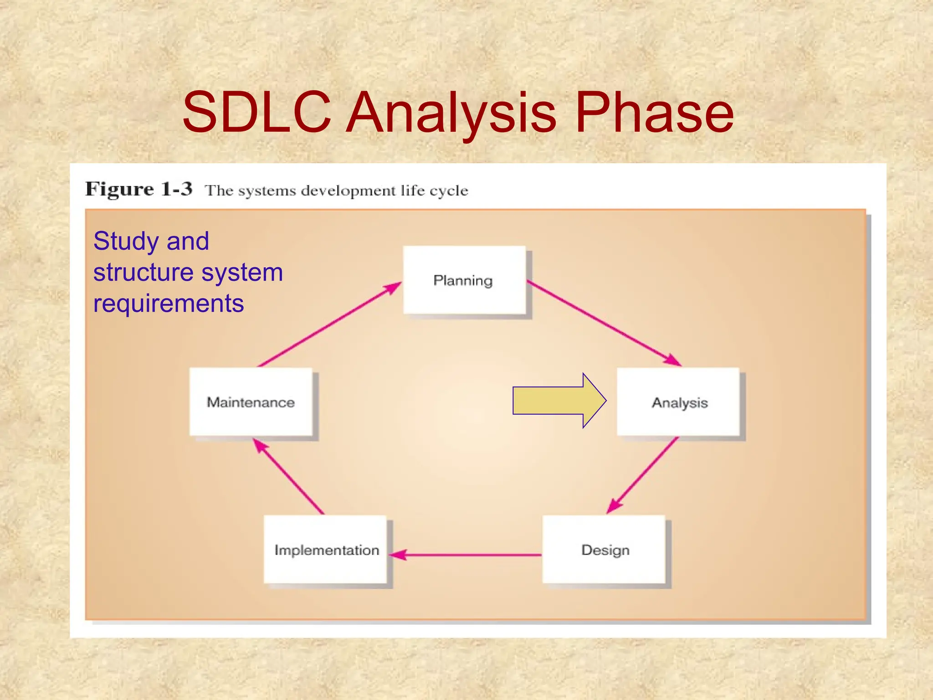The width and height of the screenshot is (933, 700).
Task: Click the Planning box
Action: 464,280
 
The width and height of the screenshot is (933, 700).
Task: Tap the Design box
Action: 604,549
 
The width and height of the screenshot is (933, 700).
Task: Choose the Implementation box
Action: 325,549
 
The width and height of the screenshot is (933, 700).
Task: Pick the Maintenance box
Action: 251,402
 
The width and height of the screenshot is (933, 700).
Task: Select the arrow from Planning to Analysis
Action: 604,323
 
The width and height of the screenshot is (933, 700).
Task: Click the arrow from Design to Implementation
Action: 465,555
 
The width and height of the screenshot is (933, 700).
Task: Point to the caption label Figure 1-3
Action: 139,189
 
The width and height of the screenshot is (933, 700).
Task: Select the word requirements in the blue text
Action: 169,304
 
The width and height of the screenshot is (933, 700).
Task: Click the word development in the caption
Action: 348,191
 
